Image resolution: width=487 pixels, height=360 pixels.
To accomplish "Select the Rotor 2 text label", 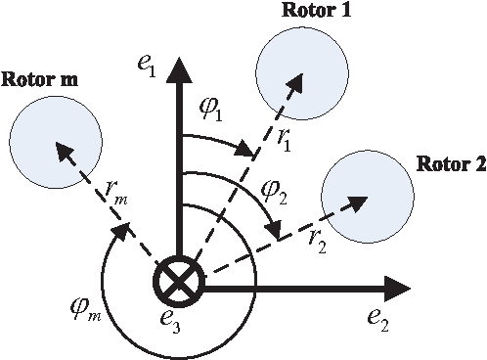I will (451, 163).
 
